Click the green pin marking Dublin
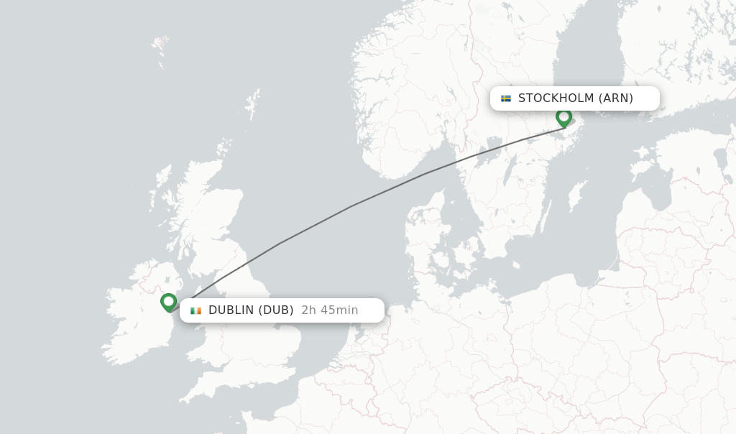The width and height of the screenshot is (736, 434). tap(169, 302)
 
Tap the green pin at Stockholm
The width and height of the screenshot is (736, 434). tap(563, 116)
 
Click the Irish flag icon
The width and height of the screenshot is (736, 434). tap(195, 310)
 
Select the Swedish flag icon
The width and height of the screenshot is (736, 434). tap(506, 98)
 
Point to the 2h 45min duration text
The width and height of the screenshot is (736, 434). tap(330, 310)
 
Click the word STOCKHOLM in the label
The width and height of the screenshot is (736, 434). tap(556, 98)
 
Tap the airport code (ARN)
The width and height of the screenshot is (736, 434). tap(616, 98)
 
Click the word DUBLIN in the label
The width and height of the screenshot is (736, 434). tap(231, 310)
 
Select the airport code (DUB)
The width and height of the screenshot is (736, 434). tap(276, 310)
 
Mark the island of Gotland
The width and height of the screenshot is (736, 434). tap(576, 195)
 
